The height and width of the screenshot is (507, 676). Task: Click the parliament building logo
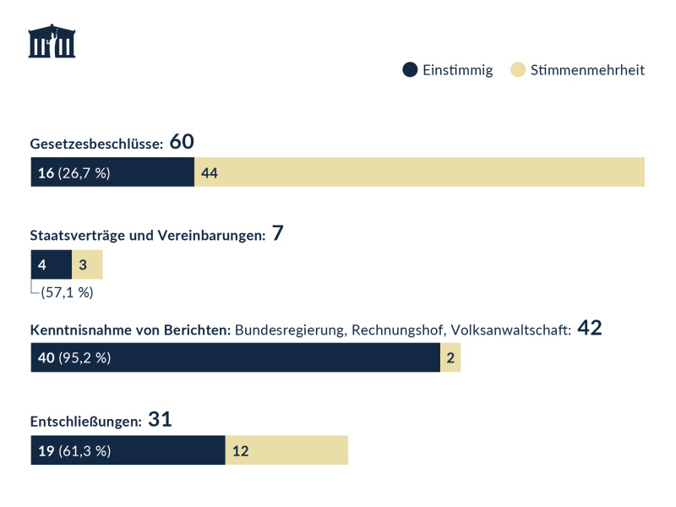coord(52,41)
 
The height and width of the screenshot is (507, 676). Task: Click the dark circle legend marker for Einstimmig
coord(410,70)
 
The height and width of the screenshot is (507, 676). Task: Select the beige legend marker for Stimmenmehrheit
coord(518,70)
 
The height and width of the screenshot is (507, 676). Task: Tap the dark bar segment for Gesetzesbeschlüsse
coord(112,172)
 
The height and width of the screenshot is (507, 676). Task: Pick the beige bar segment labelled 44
coord(420,172)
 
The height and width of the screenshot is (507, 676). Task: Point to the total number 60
coord(182,142)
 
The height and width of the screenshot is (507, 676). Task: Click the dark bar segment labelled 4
coord(51,264)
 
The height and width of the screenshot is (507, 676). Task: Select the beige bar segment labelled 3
coord(87,264)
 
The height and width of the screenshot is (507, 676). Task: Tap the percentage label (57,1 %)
coord(67,293)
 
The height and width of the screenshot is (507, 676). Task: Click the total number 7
coord(277,234)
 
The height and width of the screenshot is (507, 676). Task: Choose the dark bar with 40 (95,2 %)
coord(235,357)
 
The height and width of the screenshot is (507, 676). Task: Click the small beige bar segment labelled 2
coord(450,357)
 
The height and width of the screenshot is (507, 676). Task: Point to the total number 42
coord(589,328)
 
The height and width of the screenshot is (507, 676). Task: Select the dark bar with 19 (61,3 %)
coord(128,450)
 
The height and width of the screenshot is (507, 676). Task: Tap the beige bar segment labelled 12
coord(286,450)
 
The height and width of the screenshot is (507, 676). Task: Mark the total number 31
coord(160,419)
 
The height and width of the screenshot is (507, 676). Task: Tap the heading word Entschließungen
coord(85,421)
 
